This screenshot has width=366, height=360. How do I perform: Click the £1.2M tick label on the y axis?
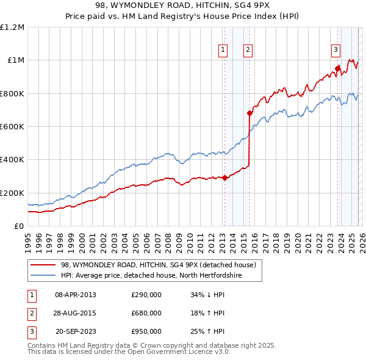[x=12, y=27]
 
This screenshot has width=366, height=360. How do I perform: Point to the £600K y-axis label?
[x=12, y=126]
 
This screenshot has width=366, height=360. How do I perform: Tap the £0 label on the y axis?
[x=18, y=226]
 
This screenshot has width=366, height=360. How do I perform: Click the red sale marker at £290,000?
[x=224, y=178]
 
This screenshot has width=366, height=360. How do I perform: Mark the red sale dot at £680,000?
[x=249, y=113]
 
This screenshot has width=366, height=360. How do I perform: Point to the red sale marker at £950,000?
[x=337, y=68]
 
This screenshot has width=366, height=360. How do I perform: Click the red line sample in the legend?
[x=43, y=265]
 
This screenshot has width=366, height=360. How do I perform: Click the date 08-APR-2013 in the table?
[x=75, y=295]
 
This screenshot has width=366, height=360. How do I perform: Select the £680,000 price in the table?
[x=146, y=313]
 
